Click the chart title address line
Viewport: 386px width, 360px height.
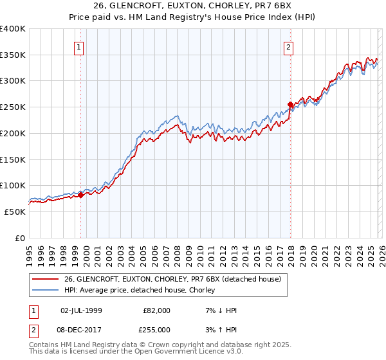click(192, 7)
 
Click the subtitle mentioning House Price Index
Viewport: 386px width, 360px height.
click(192, 18)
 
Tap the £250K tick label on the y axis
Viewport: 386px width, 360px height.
click(13, 107)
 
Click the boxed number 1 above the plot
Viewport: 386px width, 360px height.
click(78, 46)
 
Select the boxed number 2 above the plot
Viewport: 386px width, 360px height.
click(289, 46)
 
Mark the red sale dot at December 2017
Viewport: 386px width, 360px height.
click(290, 104)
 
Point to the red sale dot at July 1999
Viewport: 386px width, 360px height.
click(80, 195)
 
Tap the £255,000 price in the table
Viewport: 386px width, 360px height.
click(157, 329)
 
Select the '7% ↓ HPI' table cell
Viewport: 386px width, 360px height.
click(221, 310)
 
